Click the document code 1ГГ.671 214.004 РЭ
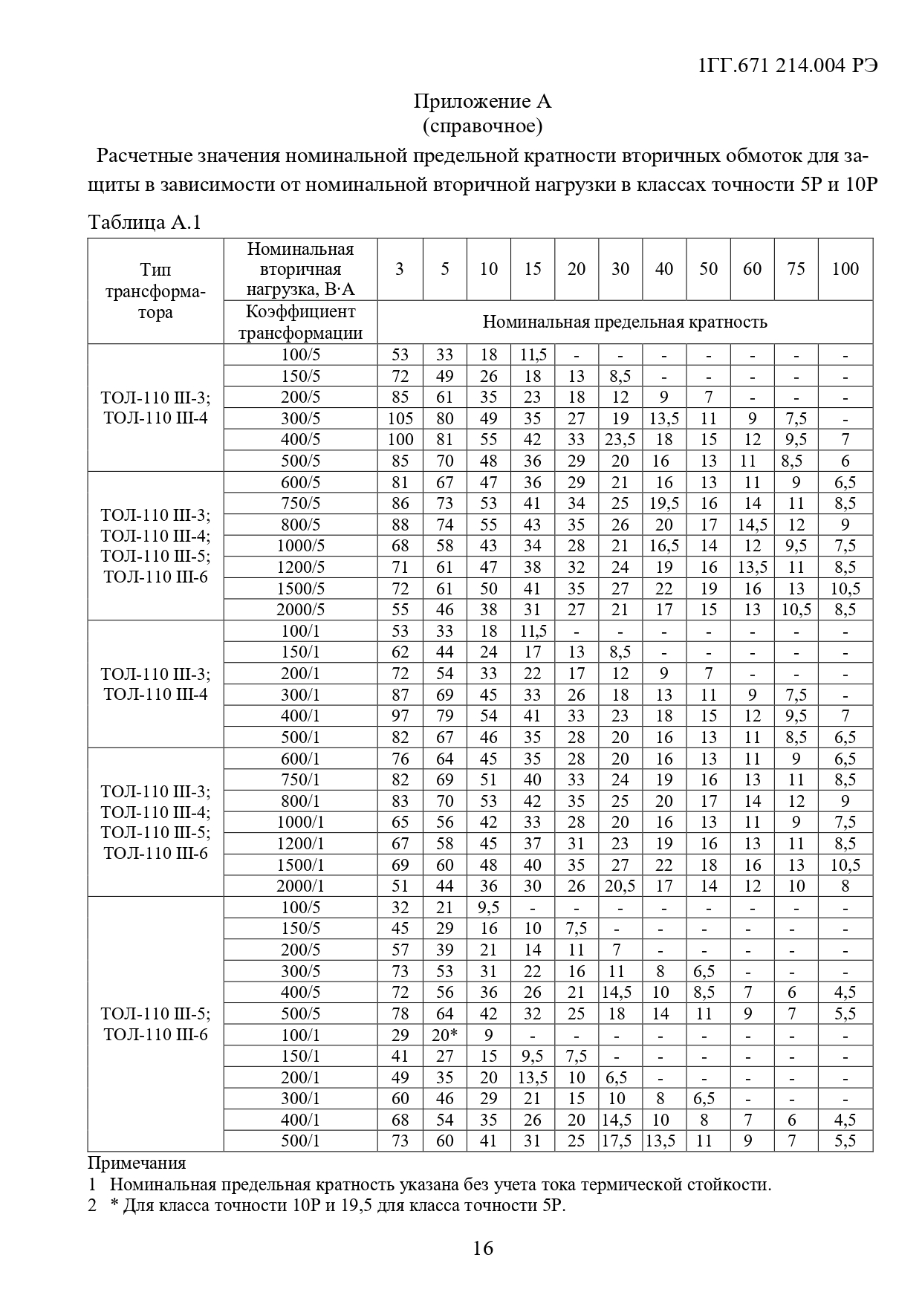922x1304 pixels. (x=788, y=65)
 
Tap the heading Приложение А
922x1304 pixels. (x=482, y=102)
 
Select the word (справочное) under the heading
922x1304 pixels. (x=482, y=126)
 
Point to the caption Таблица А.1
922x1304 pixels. (x=145, y=222)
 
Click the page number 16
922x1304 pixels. (x=482, y=1248)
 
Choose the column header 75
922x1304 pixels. (x=796, y=269)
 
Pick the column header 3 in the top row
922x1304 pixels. (x=400, y=269)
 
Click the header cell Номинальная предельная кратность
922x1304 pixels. (x=624, y=322)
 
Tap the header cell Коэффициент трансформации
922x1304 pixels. (x=300, y=322)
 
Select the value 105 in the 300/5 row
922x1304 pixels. (x=400, y=418)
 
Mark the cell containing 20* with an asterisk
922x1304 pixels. (x=444, y=1035)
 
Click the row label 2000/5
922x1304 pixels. (x=300, y=610)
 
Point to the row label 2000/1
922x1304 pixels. (x=300, y=886)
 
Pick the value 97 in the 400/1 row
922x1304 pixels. (x=400, y=716)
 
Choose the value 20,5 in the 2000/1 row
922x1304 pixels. (x=620, y=886)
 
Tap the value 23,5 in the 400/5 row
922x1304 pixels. (x=620, y=440)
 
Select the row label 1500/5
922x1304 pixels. (x=300, y=589)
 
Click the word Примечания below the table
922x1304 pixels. (x=137, y=1163)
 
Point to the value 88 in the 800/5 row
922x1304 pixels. (x=400, y=525)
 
